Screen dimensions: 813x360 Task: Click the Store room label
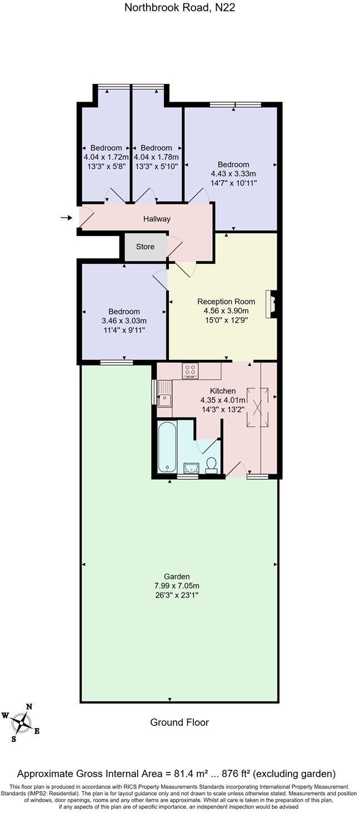coord(145,247)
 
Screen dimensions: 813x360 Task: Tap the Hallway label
coord(157,219)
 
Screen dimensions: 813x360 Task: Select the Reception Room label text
coord(226,302)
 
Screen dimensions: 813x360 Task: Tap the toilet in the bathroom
coord(211,464)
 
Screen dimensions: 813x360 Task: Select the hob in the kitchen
coord(190,370)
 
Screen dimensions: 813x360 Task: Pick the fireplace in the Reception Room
coord(272,304)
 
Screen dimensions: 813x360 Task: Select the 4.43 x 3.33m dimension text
coord(233,173)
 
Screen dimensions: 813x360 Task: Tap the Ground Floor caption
coord(179,722)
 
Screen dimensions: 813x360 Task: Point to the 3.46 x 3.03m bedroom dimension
coord(124,321)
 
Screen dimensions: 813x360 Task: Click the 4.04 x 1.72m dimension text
coord(106,157)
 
